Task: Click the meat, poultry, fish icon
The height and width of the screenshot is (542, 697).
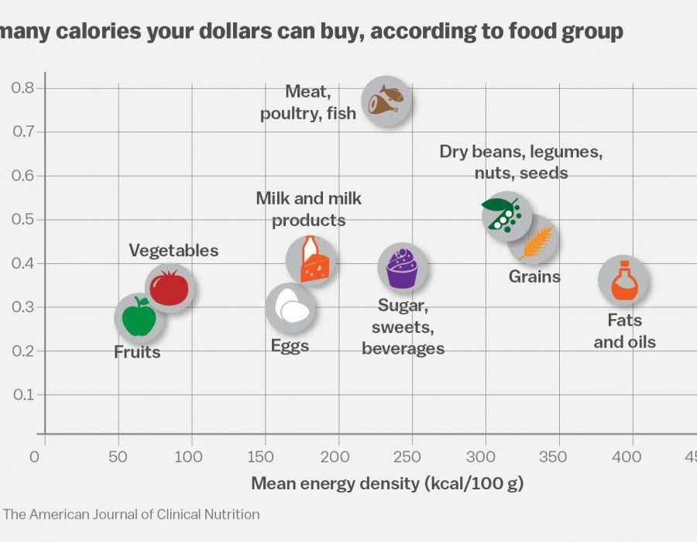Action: click(386, 101)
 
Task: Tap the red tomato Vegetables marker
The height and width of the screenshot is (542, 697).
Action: click(169, 287)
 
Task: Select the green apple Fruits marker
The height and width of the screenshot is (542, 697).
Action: click(139, 317)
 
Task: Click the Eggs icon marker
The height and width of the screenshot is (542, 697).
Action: click(290, 307)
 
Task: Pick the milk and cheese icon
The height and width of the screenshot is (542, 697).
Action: click(311, 260)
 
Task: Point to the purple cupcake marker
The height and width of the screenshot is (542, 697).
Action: click(403, 267)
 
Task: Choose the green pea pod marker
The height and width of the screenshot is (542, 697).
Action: click(506, 215)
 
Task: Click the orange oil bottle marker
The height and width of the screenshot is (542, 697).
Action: click(624, 281)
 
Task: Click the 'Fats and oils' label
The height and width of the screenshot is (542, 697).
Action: click(624, 331)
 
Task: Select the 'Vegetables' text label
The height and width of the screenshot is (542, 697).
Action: click(173, 251)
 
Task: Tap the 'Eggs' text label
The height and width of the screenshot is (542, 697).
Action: click(290, 346)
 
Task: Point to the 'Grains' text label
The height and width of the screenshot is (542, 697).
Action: click(534, 276)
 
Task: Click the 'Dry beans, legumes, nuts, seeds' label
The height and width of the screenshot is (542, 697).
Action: click(521, 162)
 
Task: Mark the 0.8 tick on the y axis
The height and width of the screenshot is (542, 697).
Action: click(22, 88)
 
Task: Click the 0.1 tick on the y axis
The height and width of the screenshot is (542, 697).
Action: click(22, 395)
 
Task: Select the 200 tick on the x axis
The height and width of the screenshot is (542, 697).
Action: click(338, 457)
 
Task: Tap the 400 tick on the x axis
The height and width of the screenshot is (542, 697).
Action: click(631, 457)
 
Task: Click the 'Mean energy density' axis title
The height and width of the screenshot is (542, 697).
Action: click(387, 485)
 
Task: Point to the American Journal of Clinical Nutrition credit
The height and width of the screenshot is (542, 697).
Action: click(132, 514)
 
